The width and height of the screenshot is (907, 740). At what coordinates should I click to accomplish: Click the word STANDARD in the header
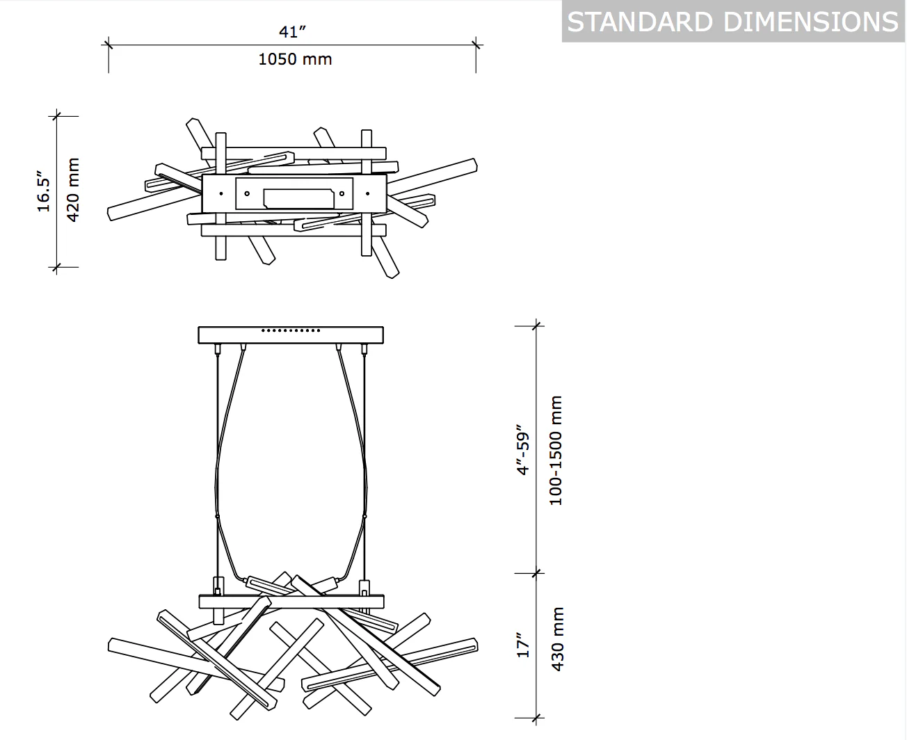[x=640, y=22]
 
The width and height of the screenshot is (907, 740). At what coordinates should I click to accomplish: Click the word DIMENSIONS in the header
[x=811, y=22]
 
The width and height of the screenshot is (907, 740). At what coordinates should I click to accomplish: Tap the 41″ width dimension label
[x=292, y=32]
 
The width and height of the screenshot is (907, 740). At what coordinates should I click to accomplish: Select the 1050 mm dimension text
[x=295, y=59]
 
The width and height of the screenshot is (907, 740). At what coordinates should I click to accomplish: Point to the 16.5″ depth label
[x=44, y=191]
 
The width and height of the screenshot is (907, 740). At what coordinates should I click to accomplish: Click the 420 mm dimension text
[x=72, y=190]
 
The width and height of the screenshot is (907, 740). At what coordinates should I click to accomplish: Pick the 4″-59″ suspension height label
[x=523, y=450]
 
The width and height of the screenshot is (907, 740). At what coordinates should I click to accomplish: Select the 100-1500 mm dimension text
[x=556, y=450]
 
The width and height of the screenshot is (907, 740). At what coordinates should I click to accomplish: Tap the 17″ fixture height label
[x=523, y=645]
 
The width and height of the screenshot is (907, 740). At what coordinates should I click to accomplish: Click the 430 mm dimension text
[x=557, y=639]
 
